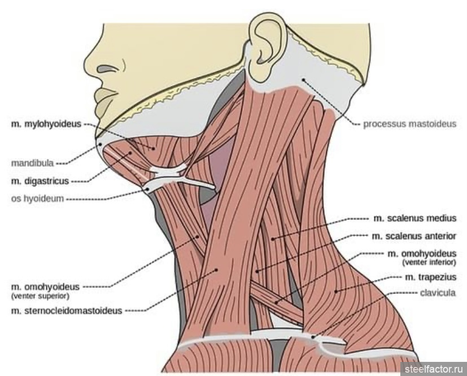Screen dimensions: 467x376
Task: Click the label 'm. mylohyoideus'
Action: pos(46,124)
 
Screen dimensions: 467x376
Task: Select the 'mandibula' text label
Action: pos(32,163)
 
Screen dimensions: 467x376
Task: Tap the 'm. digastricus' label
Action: pos(40,181)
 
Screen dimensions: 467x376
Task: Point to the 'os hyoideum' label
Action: pos(37,198)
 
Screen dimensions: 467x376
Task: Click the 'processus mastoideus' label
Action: pos(409,124)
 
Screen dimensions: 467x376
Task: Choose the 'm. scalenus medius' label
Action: pos(415,218)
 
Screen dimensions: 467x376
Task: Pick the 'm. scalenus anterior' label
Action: pos(414,236)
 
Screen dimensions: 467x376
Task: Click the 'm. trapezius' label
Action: pos(431,277)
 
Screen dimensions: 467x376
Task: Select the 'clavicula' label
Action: pos(438,293)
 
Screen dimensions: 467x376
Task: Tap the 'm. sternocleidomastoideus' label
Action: pos(67,311)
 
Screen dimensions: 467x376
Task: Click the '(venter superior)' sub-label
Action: pos(40,296)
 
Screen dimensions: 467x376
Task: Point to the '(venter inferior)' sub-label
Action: pos(429,263)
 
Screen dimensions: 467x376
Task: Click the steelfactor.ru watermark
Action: pos(434,369)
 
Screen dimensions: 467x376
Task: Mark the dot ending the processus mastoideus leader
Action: pos(303,80)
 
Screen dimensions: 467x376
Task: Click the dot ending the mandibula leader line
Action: pos(101,145)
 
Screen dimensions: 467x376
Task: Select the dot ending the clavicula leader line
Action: pos(313,337)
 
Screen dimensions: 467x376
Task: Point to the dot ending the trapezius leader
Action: pos(335,291)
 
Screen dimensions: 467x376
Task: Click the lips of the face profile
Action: pos(104,100)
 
